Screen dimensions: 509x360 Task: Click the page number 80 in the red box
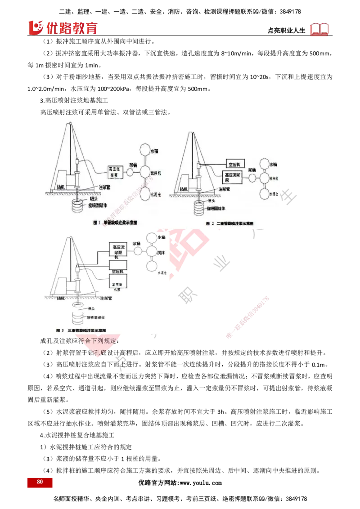pos(40,482)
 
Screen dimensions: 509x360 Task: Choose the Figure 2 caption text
pos(230,223)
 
